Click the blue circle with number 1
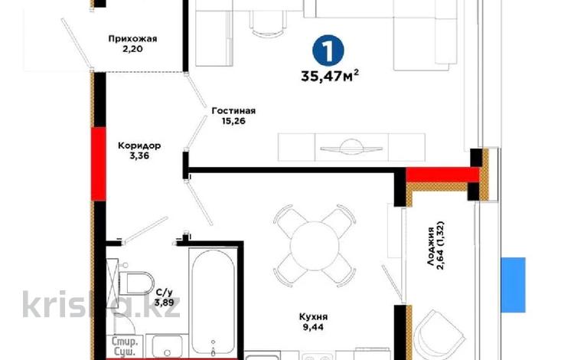[328, 51]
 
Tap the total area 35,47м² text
[330, 76]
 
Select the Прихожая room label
[132, 39]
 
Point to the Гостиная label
[233, 110]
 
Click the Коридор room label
[139, 146]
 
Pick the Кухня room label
[313, 316]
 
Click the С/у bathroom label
[164, 293]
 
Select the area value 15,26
[233, 121]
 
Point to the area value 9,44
[313, 327]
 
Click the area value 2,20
[132, 49]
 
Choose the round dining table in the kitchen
[315, 246]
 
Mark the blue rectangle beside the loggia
[514, 285]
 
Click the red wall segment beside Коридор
[99, 164]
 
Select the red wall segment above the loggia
[442, 175]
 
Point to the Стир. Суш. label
[125, 347]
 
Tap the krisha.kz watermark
[101, 305]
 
